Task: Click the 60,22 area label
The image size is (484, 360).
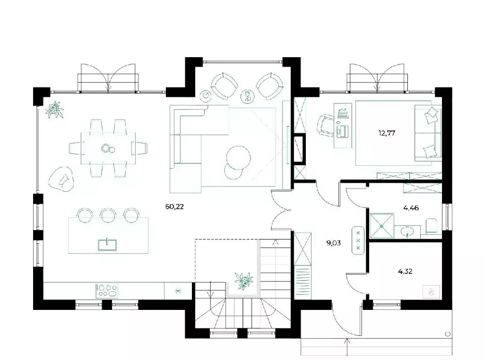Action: click(x=174, y=206)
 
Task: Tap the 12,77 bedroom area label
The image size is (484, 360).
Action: click(x=387, y=133)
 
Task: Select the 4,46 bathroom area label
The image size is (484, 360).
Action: click(x=411, y=208)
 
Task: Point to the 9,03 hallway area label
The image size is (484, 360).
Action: click(x=333, y=243)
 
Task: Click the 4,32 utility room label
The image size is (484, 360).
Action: click(x=405, y=272)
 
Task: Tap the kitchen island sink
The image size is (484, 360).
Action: click(x=107, y=245)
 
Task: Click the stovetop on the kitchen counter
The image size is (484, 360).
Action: click(x=107, y=291)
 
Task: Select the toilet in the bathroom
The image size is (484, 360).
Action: click(x=431, y=226)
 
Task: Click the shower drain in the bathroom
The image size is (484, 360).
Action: click(x=381, y=226)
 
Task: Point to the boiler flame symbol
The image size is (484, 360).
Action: click(x=431, y=291)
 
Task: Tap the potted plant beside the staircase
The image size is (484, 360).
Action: click(x=243, y=281)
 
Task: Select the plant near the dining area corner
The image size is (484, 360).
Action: click(x=55, y=110)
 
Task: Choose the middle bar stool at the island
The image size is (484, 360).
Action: click(x=108, y=215)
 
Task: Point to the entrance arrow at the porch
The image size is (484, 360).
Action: click(x=347, y=347)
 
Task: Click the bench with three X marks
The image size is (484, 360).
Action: click(x=358, y=240)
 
